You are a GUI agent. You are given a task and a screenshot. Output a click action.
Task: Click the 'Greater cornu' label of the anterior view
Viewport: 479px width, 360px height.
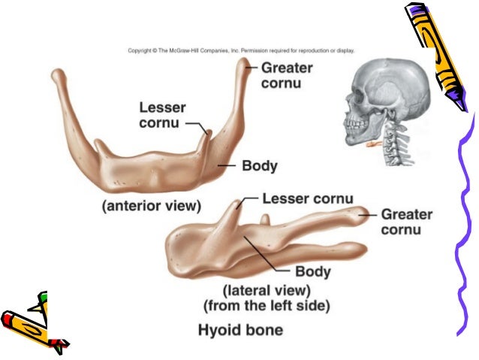tap(287, 74)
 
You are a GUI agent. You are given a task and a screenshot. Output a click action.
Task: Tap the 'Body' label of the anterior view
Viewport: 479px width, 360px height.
tap(260, 165)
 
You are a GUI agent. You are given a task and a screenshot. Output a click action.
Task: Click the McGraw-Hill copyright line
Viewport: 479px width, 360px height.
tap(241, 51)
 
